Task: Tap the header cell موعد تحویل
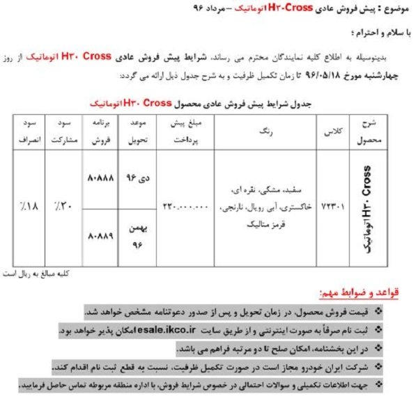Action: click(x=135, y=130)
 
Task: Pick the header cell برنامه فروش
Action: click(x=98, y=130)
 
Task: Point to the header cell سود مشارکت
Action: click(x=61, y=130)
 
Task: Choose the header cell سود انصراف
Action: click(x=26, y=130)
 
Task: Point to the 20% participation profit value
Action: click(x=61, y=207)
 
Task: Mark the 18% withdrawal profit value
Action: click(x=26, y=207)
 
